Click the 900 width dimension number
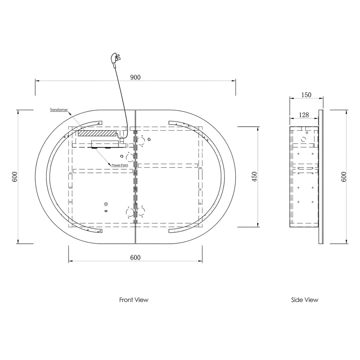click(x=135, y=77)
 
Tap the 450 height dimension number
click(x=255, y=176)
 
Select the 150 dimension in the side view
click(x=306, y=95)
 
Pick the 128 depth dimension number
click(x=304, y=115)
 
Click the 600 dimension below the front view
click(x=135, y=258)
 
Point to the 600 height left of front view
click(x=14, y=176)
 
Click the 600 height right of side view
click(x=344, y=176)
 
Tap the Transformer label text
click(x=59, y=110)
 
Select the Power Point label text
click(x=120, y=165)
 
